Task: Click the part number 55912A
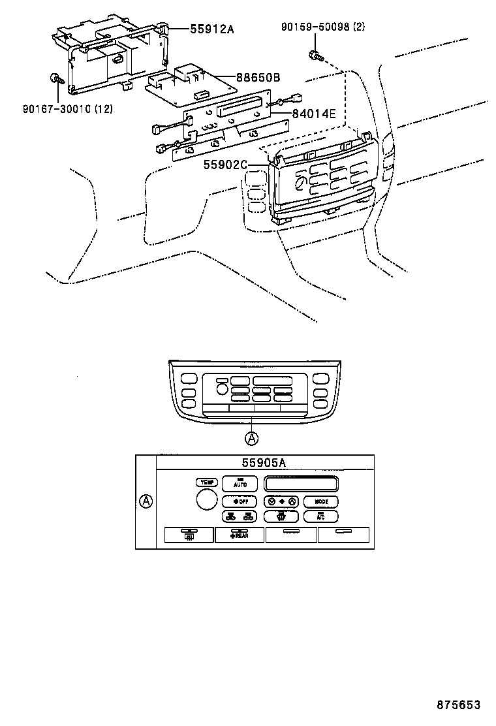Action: (211, 29)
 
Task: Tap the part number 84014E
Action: (314, 114)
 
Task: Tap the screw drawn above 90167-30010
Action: (55, 80)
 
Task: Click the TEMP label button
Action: (207, 482)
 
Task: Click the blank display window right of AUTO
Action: (301, 484)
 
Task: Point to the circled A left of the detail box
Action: (147, 501)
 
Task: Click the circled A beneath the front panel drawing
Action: (251, 437)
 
